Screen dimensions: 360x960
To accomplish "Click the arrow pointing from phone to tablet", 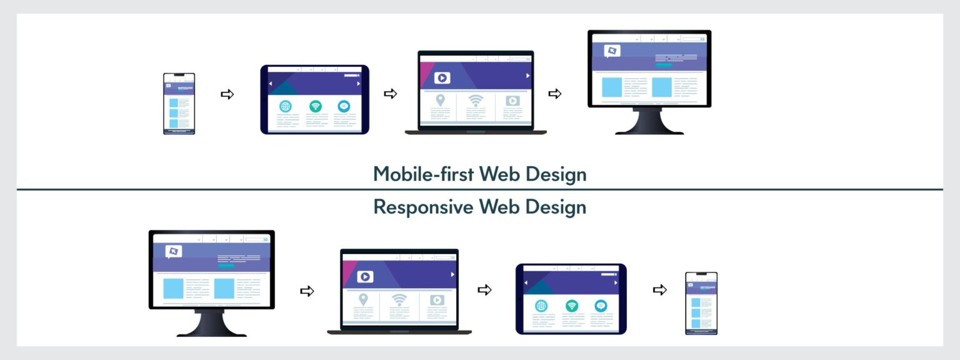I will point(227,94).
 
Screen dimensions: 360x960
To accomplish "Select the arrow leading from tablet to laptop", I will point(391,94).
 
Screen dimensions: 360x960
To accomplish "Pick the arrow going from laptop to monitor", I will point(554,94).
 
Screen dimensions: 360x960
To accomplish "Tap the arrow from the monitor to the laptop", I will point(307,291).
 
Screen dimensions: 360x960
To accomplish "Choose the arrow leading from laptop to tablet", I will point(484,290).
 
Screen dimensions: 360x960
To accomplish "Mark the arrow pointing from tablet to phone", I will point(660,290).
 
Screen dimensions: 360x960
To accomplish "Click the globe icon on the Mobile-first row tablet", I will point(286,106).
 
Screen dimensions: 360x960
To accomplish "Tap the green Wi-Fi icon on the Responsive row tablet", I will point(571,306).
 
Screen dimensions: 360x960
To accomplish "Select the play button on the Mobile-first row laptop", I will point(442,78).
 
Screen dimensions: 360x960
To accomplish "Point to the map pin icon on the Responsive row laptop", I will point(363,299).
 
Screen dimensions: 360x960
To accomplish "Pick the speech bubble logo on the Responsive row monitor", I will point(173,251).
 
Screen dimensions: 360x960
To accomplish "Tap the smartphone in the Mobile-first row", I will point(179,104).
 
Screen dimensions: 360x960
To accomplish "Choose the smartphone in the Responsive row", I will point(701,303).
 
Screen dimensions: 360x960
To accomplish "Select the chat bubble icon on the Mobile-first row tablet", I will point(344,106).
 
